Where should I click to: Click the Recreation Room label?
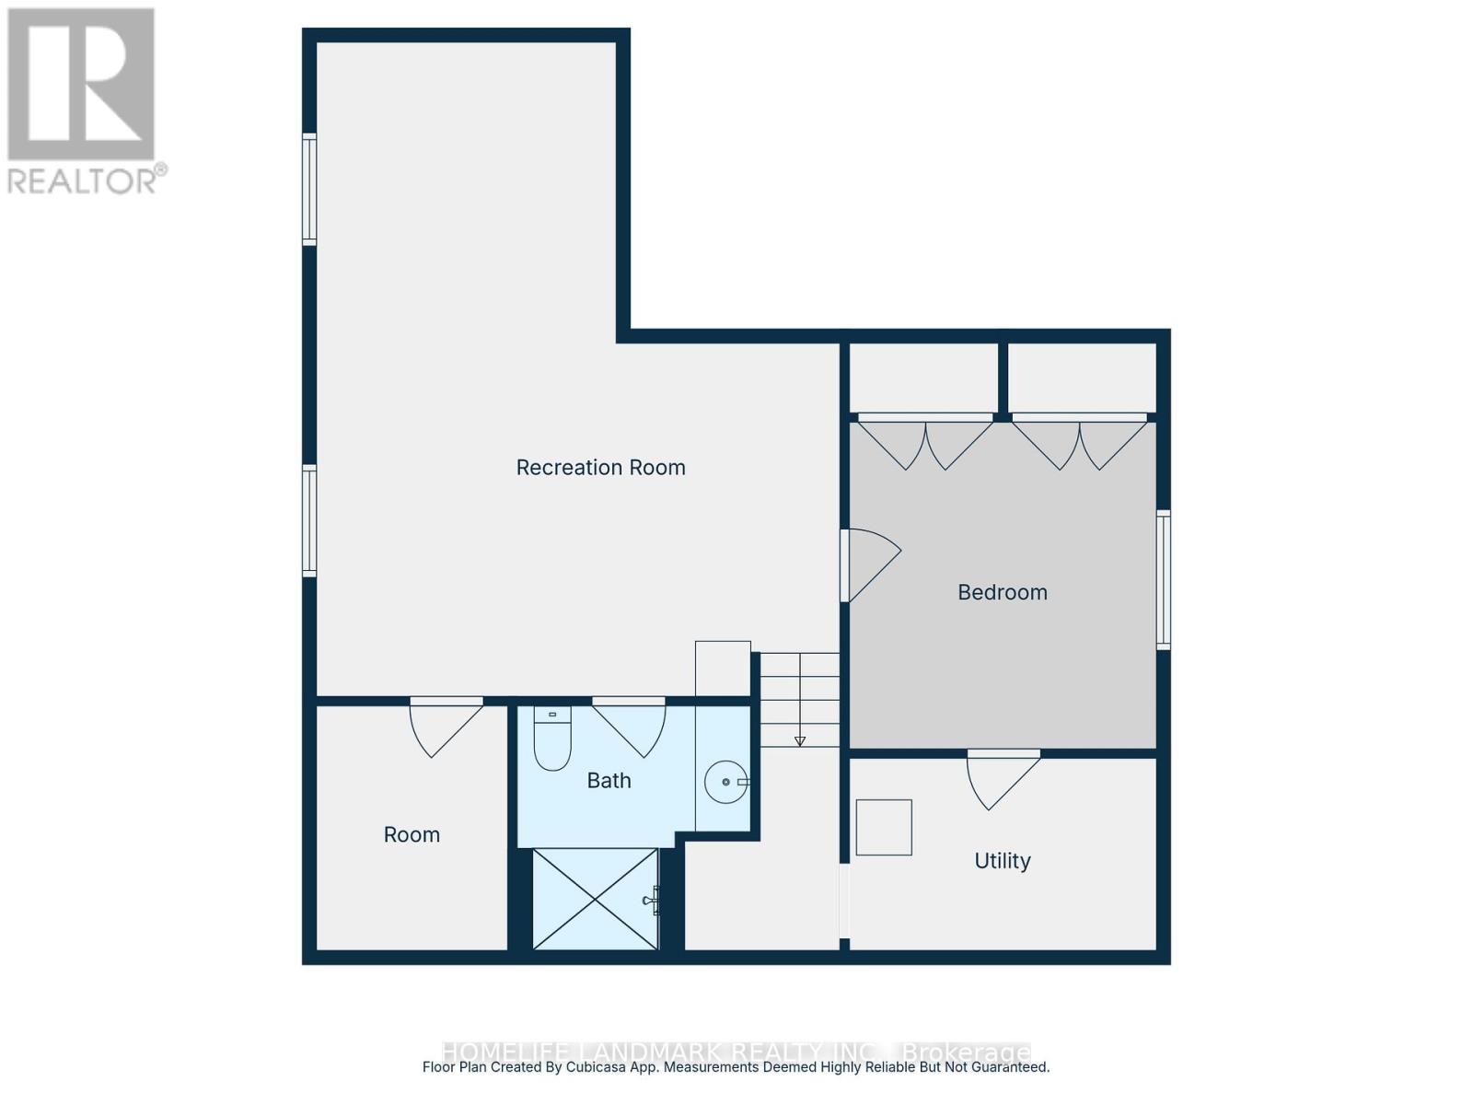[x=600, y=468]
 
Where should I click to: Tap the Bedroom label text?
[x=1002, y=592]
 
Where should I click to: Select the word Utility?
[x=1002, y=861]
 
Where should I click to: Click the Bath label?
[x=609, y=781]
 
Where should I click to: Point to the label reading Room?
[x=412, y=835]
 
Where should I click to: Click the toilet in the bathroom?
[x=552, y=739]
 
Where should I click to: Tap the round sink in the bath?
[x=726, y=782]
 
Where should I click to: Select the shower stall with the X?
[x=596, y=899]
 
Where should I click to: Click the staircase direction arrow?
[x=800, y=740]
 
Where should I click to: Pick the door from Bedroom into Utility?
[x=1001, y=778]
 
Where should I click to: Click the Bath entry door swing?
[x=631, y=727]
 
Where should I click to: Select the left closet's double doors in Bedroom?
[x=925, y=444]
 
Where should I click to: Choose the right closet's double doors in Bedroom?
[x=1080, y=444]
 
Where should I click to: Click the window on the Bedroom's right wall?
[x=1164, y=580]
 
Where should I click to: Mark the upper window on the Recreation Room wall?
[x=310, y=189]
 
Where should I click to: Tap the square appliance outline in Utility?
[x=884, y=827]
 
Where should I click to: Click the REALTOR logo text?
[x=87, y=180]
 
